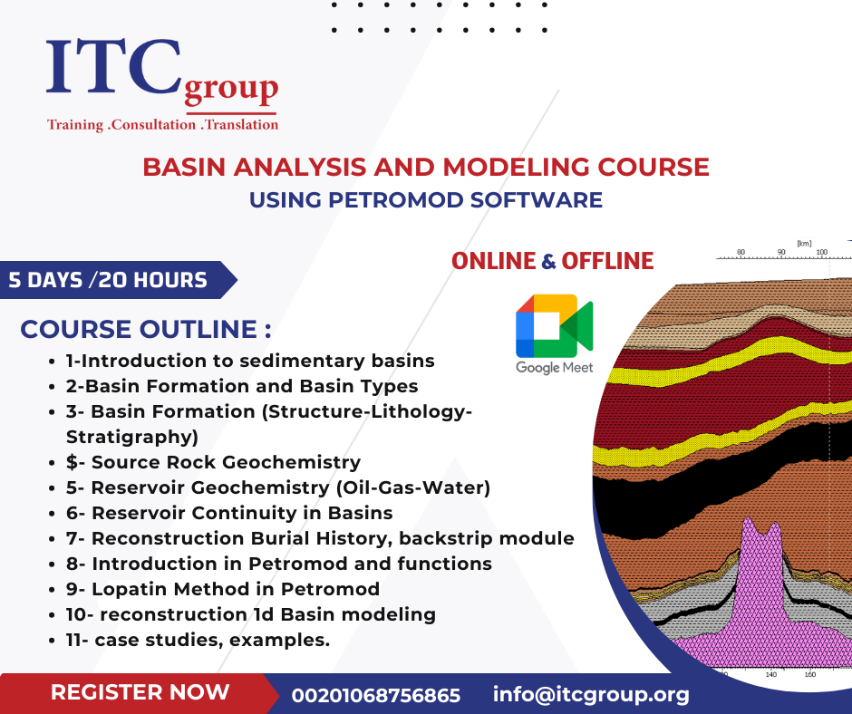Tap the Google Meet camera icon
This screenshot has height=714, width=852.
(554, 325)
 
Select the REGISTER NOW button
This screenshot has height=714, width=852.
(140, 693)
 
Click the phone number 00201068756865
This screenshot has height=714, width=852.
(375, 695)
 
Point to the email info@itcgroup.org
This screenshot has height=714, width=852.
(591, 694)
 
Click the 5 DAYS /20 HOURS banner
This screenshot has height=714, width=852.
(109, 280)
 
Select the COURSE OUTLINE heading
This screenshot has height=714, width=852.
(146, 329)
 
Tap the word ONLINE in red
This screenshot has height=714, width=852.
(493, 261)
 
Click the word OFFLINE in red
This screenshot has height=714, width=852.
(607, 261)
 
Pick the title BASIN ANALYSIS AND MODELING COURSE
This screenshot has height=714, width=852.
(426, 168)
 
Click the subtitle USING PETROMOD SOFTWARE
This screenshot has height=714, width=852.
(426, 199)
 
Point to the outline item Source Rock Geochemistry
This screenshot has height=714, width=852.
(214, 462)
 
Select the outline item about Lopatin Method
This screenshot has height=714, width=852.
(223, 589)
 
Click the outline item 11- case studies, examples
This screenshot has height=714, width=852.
(198, 640)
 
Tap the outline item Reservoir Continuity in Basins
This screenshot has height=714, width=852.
(229, 513)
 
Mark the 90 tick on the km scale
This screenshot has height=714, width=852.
(780, 252)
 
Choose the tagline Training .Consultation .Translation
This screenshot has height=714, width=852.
(163, 125)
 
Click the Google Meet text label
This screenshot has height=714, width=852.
(554, 368)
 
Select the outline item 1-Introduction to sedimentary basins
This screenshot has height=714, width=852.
(250, 361)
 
